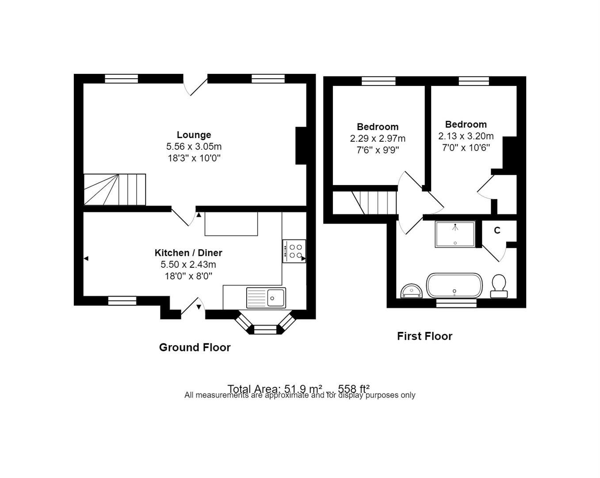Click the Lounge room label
coord(194,135)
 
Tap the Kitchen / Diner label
coord(188,253)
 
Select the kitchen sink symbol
coord(266,297)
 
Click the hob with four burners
coord(294,251)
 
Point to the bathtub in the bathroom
coord(454,286)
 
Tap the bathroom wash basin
coord(412,291)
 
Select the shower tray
coord(455,234)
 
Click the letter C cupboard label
coord(497,231)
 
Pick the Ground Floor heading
coord(195,347)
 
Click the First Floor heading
coord(424,336)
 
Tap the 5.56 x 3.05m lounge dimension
coord(194,146)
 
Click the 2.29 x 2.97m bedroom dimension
coord(378,139)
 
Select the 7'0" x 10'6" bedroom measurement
coord(466,147)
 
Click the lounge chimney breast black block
coord(301,146)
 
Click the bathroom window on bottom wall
coord(456,303)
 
